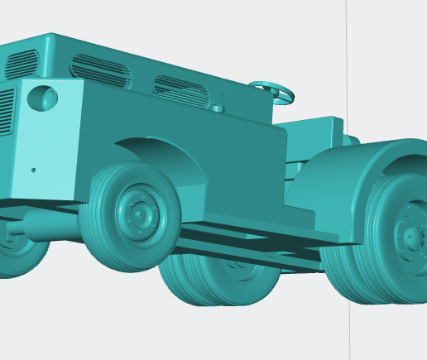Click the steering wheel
tap(273, 92)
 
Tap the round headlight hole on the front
tap(43, 98)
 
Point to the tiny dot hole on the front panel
tap(33, 170)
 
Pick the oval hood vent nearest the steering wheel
tap(181, 90)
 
